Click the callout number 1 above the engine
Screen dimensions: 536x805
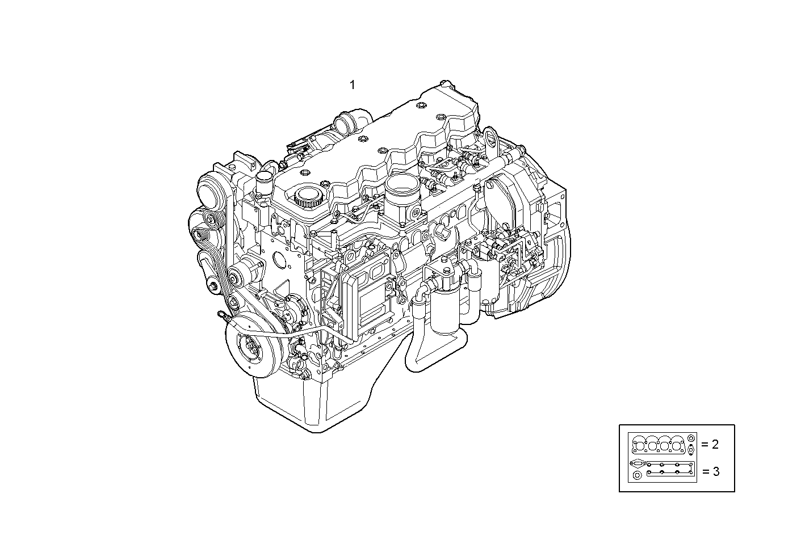click(352, 85)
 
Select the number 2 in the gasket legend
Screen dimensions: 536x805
click(715, 444)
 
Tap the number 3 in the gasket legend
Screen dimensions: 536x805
click(715, 471)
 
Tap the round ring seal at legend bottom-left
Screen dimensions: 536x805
click(636, 476)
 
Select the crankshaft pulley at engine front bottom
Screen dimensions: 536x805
click(250, 348)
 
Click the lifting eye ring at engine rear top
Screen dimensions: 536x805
click(491, 139)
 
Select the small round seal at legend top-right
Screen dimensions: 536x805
click(690, 438)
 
